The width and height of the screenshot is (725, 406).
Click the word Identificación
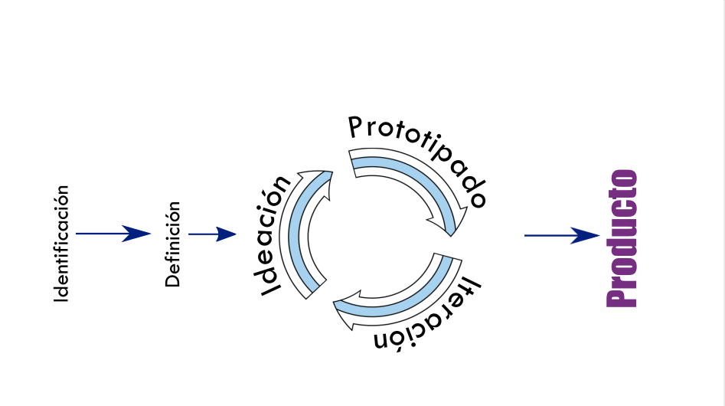[x=61, y=244]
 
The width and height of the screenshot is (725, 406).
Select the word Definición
[x=173, y=244]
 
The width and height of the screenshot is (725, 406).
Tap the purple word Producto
[x=622, y=238]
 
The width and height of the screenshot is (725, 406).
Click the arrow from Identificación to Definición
[x=113, y=234]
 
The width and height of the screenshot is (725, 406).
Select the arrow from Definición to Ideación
[x=212, y=234]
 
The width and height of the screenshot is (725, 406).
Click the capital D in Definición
[x=173, y=279]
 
